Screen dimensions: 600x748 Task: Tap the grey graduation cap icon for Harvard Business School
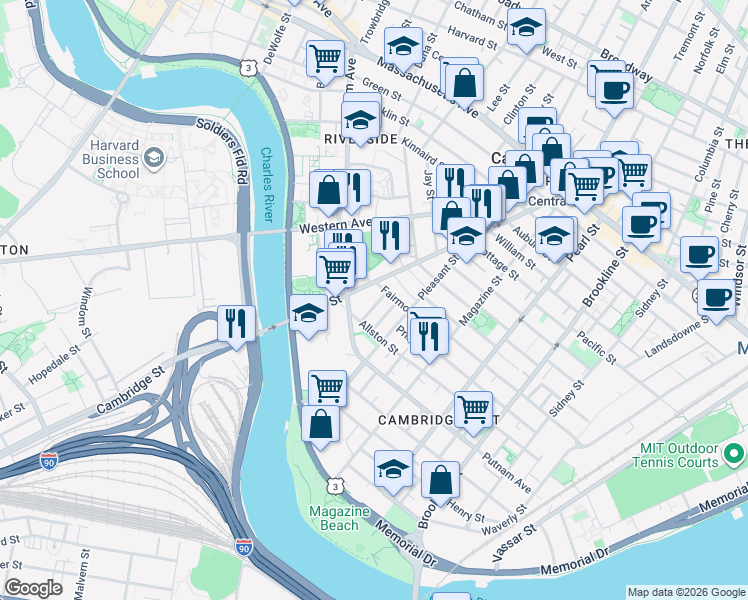tap(153, 157)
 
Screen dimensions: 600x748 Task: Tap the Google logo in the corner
tap(33, 588)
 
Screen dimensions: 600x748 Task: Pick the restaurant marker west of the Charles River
tap(236, 323)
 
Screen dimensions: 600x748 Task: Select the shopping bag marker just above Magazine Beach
tap(320, 424)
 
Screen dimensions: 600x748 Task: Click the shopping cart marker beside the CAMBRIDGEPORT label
tap(473, 408)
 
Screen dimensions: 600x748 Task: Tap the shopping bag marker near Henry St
tap(440, 481)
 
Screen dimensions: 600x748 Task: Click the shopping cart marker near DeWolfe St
tap(325, 59)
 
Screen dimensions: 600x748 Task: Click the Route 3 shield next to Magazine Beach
tap(337, 485)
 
